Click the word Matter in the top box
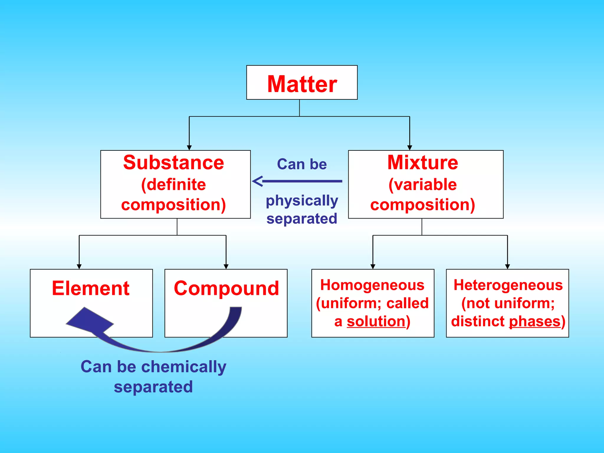(x=302, y=84)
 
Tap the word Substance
(x=173, y=163)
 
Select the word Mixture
(x=423, y=163)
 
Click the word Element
(x=91, y=288)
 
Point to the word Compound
(x=226, y=288)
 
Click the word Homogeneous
(x=372, y=285)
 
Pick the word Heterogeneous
(x=508, y=285)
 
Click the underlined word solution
(x=376, y=321)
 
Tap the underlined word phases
(x=534, y=321)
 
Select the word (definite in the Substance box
(x=173, y=185)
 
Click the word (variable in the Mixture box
(x=423, y=185)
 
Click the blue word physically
(x=302, y=201)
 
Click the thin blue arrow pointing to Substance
(x=298, y=181)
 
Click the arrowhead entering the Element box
(x=79, y=267)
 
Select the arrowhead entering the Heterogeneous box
(x=507, y=267)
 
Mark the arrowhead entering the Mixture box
(x=409, y=148)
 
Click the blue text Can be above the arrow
(x=302, y=164)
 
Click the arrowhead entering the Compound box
(x=226, y=267)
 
